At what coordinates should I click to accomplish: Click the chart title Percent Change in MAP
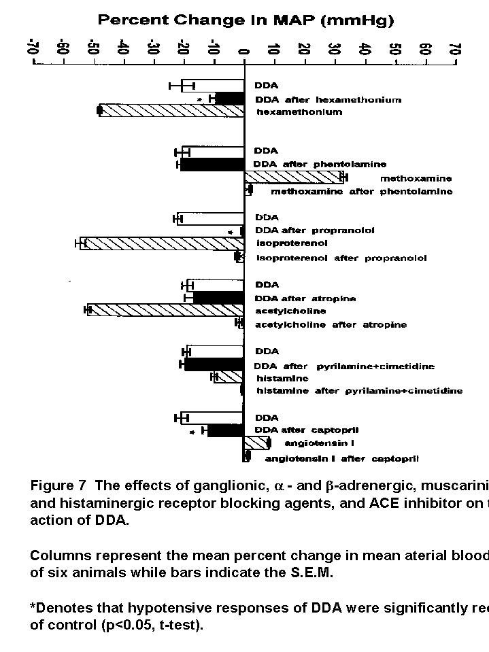point(246,20)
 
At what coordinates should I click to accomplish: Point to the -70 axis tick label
point(33,49)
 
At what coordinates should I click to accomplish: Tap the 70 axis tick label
point(454,49)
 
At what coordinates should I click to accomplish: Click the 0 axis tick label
point(243,49)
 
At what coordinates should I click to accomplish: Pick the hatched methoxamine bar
point(294,177)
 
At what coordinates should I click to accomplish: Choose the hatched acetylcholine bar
point(165,310)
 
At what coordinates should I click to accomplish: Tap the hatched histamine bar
point(229,377)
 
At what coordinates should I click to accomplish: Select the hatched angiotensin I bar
point(256,443)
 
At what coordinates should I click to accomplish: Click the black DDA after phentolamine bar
point(212,165)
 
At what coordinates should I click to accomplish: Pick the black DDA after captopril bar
point(225,430)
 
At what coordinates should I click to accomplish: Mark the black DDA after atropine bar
point(218,298)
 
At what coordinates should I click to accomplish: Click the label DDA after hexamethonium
point(328,100)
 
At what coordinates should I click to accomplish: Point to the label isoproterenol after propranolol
point(341,258)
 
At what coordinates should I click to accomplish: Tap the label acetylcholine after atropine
point(331,325)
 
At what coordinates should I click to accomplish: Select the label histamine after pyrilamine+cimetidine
point(359,391)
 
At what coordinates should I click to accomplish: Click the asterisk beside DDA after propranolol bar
point(231,233)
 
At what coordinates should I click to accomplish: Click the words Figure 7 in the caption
point(58,485)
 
